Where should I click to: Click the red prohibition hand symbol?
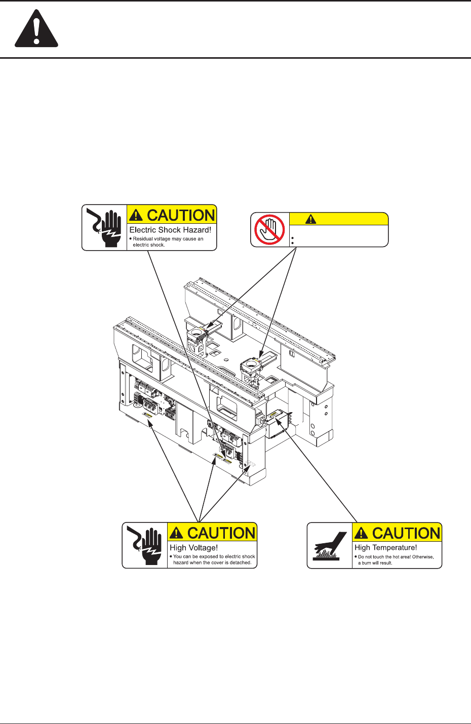coord(269,229)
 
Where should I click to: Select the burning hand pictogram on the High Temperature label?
coord(329,546)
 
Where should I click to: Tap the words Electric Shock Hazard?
coord(170,230)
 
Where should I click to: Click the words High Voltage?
coord(193,547)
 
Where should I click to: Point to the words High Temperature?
coord(385,547)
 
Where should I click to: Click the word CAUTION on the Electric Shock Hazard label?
coord(181,215)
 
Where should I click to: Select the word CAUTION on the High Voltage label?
coord(221,533)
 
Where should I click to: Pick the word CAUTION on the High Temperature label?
coord(406,533)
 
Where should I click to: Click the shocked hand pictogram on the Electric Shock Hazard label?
coord(104,227)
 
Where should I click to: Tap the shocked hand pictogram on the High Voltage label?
coord(144,545)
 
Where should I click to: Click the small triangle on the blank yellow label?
coord(310,219)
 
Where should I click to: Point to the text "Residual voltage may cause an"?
coord(168,239)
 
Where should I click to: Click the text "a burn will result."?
coord(375,562)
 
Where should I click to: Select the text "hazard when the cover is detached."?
coord(212,562)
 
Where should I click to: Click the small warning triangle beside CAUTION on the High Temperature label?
coord(361,533)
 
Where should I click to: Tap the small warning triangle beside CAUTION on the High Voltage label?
coord(176,533)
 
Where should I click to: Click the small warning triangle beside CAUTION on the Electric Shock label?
coord(136,216)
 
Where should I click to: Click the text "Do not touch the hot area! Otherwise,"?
coord(396,557)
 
